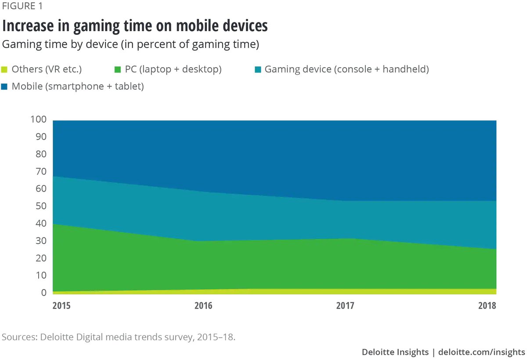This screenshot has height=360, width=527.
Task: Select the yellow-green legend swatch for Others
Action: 5,69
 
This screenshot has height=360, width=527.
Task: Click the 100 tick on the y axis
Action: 38,120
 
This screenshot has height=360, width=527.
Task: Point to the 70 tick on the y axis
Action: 40,172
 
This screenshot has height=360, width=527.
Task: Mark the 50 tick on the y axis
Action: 40,207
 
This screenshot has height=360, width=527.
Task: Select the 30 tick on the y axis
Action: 40,241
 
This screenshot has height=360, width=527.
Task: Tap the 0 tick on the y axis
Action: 43,293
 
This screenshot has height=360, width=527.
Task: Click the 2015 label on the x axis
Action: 61,305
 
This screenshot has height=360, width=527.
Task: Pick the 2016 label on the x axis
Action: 203,305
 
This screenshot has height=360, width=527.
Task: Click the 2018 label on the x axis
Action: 487,305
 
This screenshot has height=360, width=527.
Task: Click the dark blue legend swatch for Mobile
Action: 5,87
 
